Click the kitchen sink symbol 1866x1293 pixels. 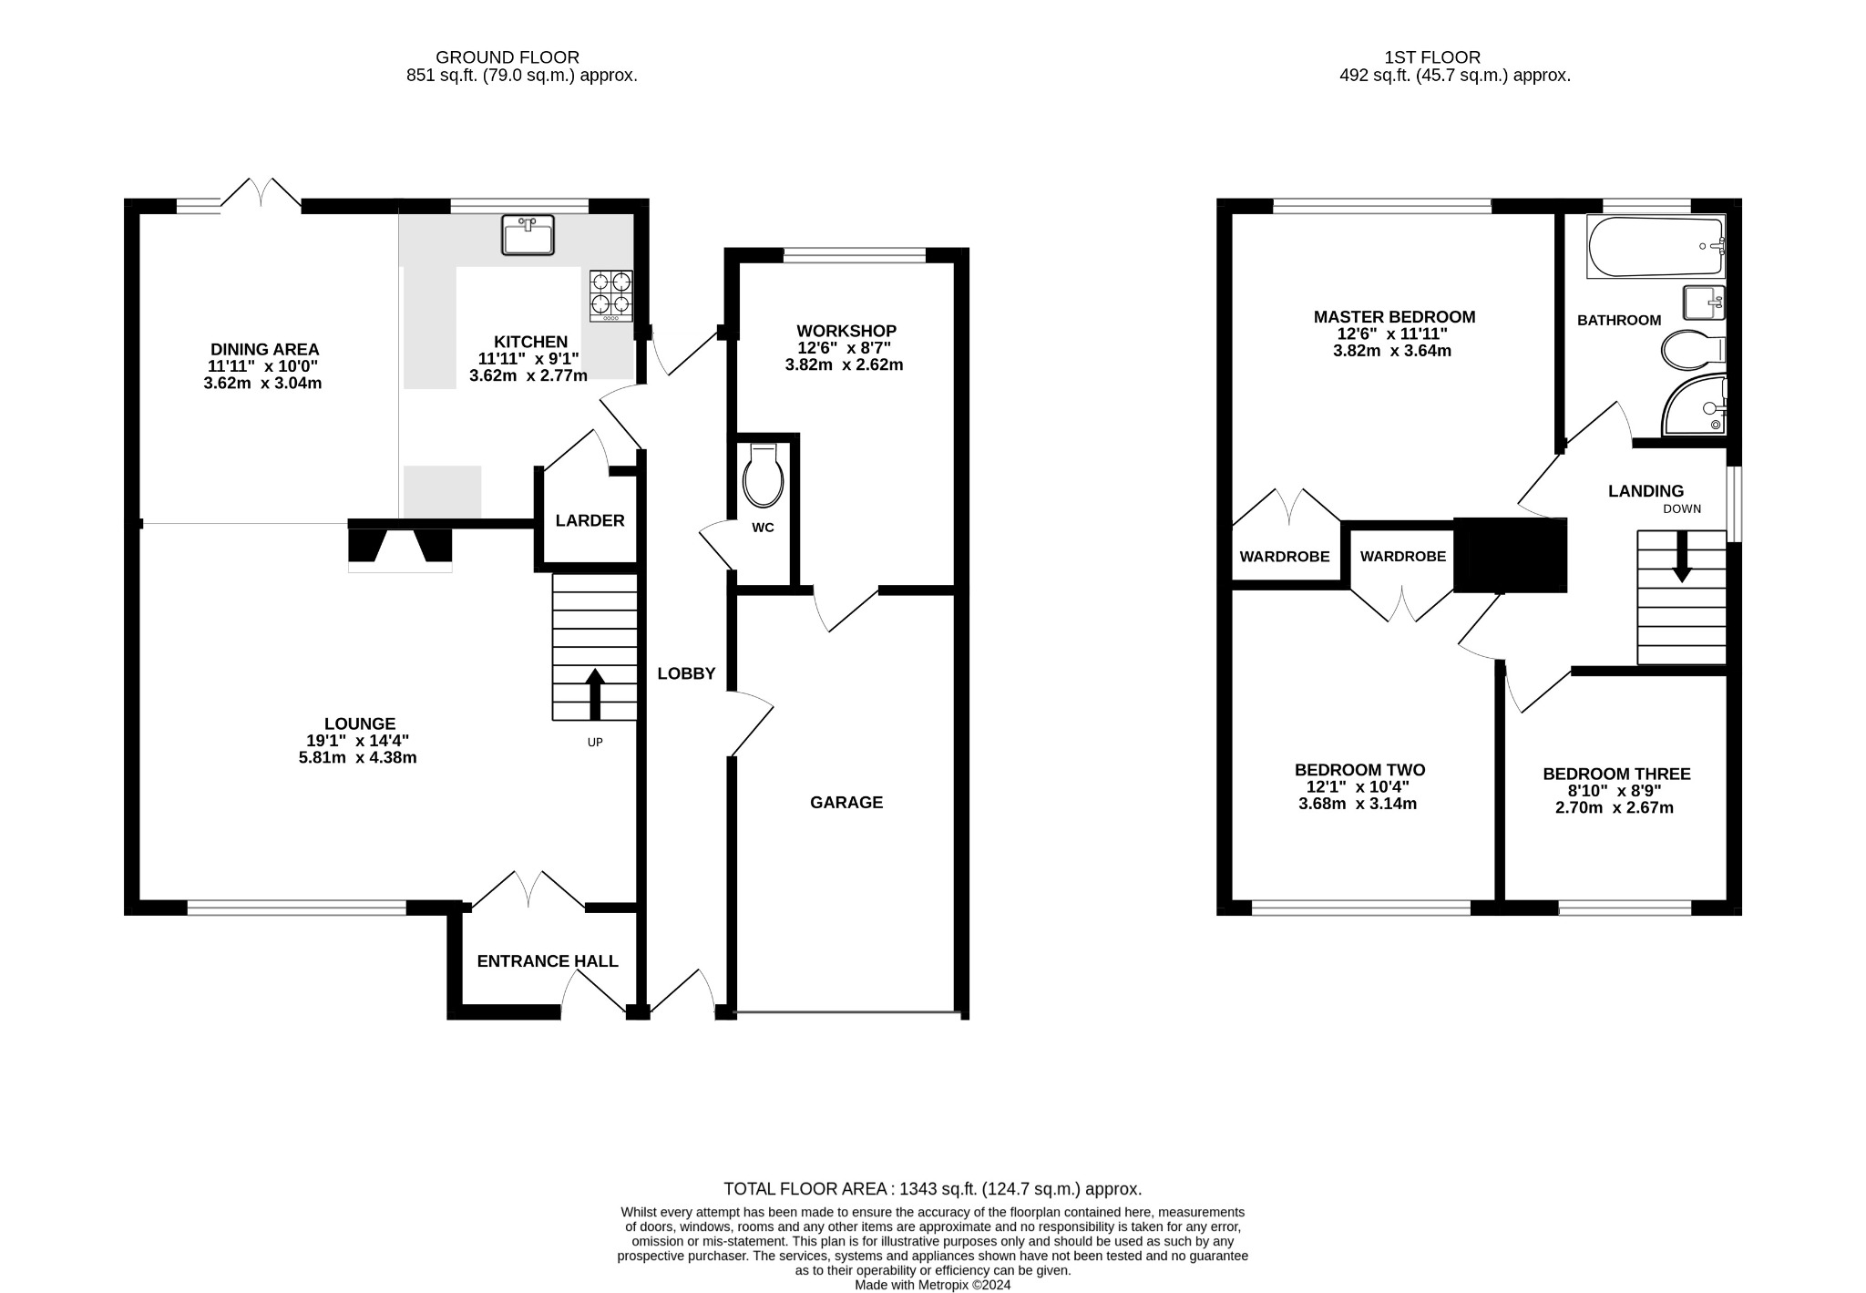(x=528, y=235)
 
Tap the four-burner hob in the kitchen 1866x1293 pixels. (x=611, y=294)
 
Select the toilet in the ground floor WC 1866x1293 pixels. (x=763, y=477)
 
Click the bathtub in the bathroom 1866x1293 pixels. (x=1656, y=246)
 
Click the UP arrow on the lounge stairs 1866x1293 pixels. (x=594, y=694)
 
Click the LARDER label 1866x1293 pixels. (x=590, y=520)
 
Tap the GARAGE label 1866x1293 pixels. (x=846, y=803)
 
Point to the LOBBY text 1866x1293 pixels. (x=686, y=674)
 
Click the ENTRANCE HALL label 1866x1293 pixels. (x=548, y=961)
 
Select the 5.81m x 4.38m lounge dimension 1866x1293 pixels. (x=358, y=758)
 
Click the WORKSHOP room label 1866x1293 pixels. (x=846, y=331)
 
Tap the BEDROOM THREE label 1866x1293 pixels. (x=1616, y=775)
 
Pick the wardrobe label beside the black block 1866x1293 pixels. (x=1402, y=557)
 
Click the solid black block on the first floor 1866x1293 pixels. (x=1510, y=556)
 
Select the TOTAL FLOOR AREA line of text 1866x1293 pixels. (x=932, y=1189)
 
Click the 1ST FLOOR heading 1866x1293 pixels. (x=1454, y=57)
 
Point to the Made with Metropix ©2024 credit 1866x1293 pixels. (x=932, y=1286)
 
